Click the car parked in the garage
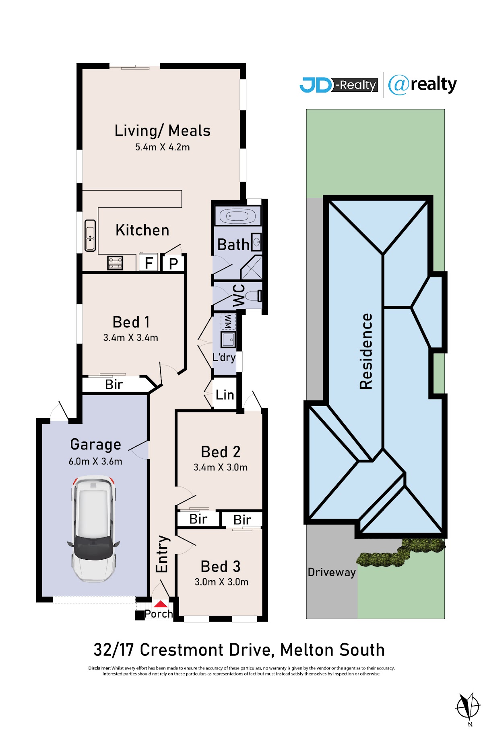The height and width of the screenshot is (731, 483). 93,528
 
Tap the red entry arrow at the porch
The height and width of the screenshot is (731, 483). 161,604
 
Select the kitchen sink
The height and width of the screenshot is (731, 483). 90,236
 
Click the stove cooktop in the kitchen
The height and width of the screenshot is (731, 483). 115,263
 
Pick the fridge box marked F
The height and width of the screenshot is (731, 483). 149,263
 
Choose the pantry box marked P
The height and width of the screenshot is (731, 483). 173,264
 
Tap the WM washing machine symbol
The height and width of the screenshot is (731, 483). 227,321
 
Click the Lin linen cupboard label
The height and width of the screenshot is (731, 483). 225,395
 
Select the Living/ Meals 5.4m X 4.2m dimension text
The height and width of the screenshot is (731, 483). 163,147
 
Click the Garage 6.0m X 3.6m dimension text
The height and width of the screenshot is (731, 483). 95,461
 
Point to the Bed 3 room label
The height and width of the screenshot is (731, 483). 221,567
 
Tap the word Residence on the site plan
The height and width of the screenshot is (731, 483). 366,351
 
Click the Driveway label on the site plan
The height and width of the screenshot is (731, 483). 332,572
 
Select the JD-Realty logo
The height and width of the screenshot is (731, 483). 339,85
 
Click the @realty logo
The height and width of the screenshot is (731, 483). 423,85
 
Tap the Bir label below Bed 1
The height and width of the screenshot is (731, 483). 114,385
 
